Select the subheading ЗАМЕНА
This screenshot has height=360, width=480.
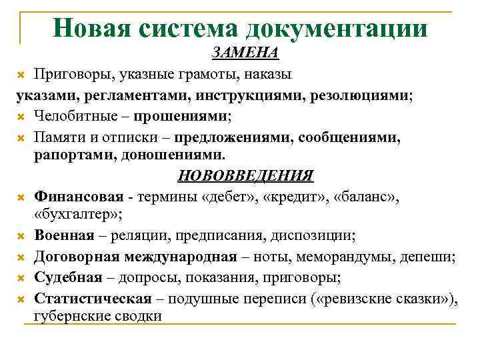click(245, 52)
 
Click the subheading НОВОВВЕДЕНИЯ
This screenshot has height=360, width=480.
click(245, 176)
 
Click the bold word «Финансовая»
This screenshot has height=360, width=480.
click(79, 196)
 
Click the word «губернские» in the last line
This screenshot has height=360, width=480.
click(72, 316)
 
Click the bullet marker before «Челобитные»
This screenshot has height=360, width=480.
click(21, 117)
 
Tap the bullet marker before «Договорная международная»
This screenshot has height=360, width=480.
click(21, 257)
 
